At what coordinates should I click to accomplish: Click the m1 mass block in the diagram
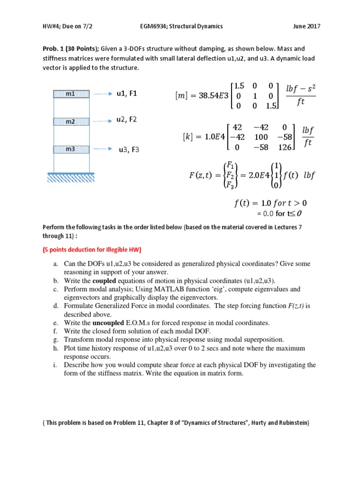pyautogui.click(x=70, y=94)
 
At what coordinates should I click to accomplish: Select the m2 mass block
pyautogui.click(x=70, y=121)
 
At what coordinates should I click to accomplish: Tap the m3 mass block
pyautogui.click(x=70, y=149)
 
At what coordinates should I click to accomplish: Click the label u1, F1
pyautogui.click(x=126, y=94)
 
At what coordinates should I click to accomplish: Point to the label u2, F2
pyautogui.click(x=126, y=120)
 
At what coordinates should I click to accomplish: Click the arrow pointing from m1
pyautogui.click(x=102, y=94)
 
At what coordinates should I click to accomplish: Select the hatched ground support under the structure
pyautogui.click(x=71, y=177)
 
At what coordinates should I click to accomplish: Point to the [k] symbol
pyautogui.click(x=188, y=138)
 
